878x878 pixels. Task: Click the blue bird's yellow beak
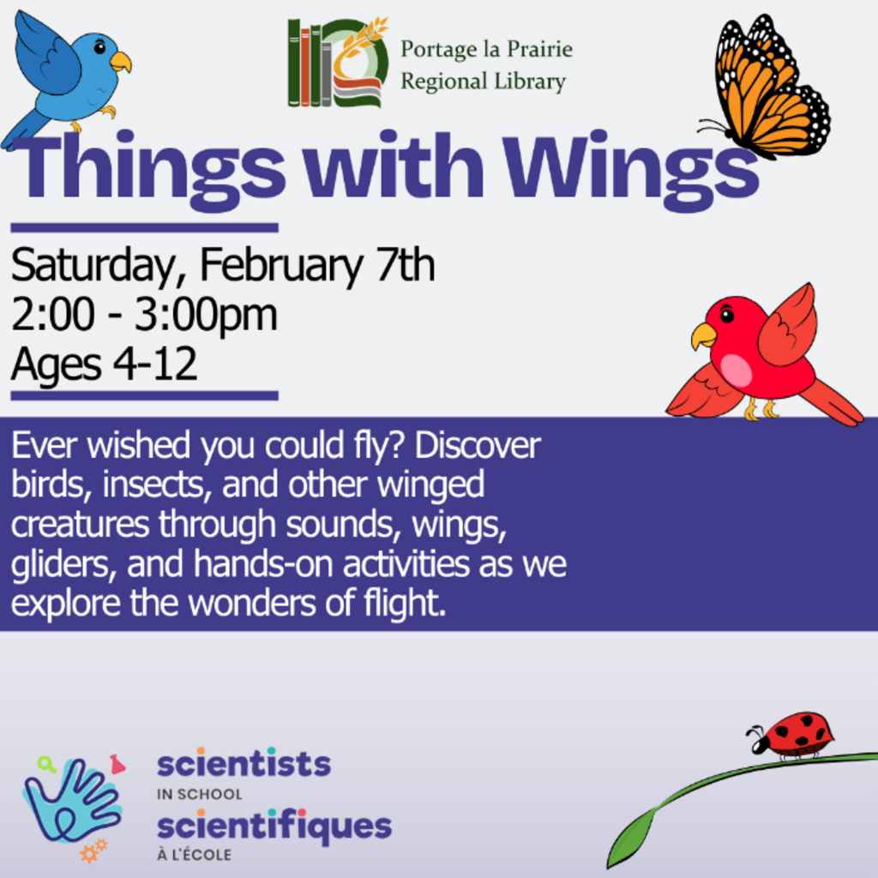120,62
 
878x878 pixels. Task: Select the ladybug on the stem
791,735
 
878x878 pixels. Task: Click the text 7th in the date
406,265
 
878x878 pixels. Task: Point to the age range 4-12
155,364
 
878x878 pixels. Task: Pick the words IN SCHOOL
199,794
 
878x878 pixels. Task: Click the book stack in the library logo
310,63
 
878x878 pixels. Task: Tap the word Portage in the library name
439,50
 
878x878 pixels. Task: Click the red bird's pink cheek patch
736,370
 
